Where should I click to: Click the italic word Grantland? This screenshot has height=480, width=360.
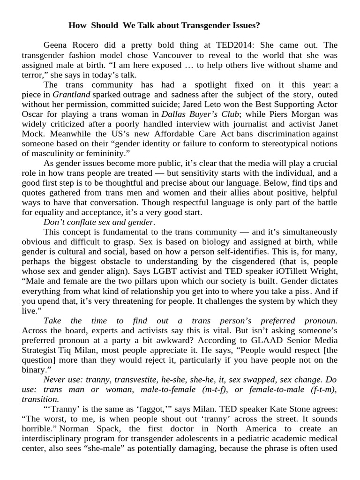click(70, 94)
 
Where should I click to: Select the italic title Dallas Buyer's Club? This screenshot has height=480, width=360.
click(201, 114)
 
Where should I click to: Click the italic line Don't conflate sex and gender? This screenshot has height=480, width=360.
click(99, 222)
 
